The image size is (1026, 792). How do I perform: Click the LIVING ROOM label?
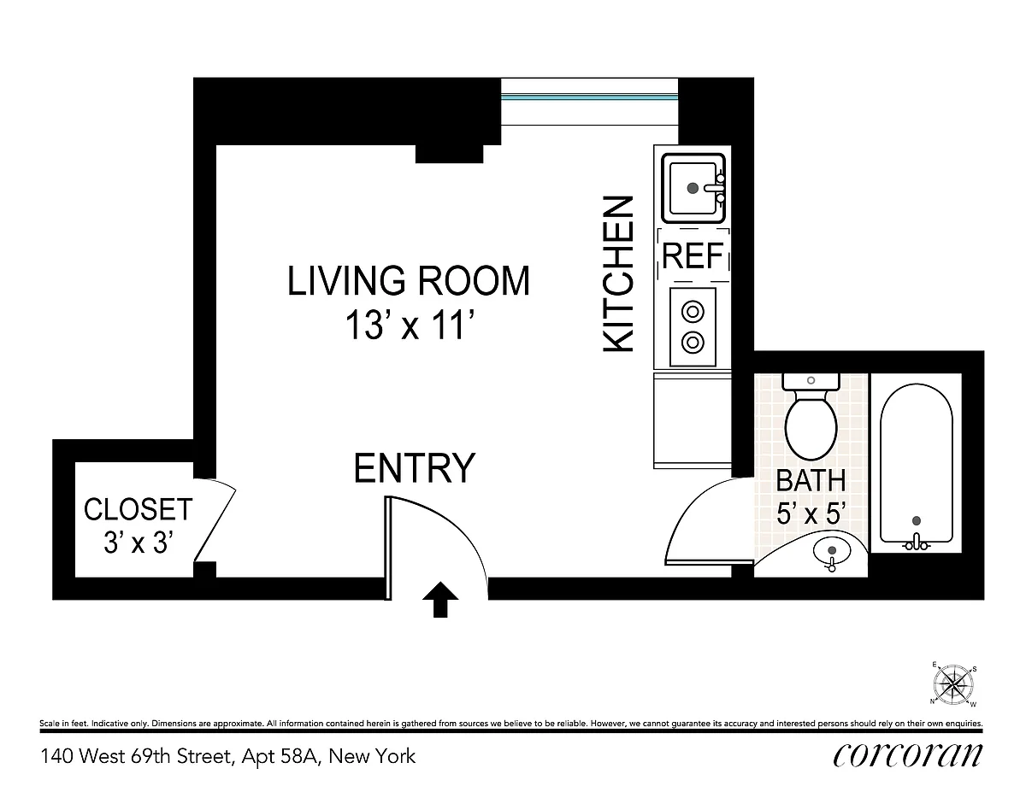tap(409, 281)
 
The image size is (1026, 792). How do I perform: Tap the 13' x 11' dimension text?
tap(410, 325)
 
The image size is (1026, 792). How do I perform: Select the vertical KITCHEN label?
tap(618, 274)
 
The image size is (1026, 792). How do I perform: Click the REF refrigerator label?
tap(693, 255)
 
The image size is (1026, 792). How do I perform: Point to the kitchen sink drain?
tap(693, 188)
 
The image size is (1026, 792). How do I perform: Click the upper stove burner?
tap(693, 312)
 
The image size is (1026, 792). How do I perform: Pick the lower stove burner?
tap(693, 342)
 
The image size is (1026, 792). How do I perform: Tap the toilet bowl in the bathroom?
tap(811, 428)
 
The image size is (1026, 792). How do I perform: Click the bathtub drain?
tap(917, 521)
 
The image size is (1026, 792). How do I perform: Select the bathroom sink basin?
tap(831, 550)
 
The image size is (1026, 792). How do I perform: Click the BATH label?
tap(811, 481)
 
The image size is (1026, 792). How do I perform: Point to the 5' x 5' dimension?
tap(811, 513)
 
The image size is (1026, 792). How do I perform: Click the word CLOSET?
tap(138, 509)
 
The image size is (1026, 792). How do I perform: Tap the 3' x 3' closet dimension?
tap(137, 542)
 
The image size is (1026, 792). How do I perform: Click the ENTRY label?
tap(414, 468)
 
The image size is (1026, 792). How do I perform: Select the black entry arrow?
tap(440, 599)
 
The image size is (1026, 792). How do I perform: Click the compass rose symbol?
tap(953, 684)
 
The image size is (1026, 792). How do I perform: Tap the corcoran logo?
tap(907, 755)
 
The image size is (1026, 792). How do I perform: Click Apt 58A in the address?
tap(281, 757)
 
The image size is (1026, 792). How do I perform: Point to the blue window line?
tap(589, 97)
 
